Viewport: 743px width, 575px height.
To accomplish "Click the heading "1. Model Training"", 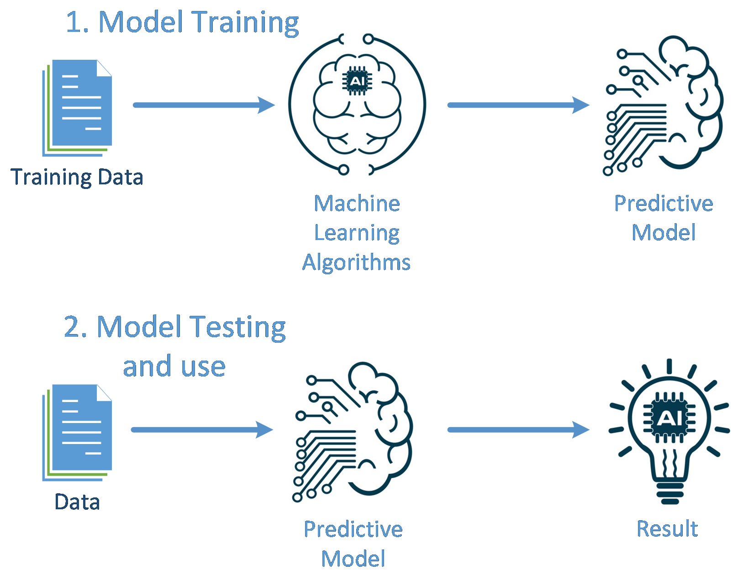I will [x=182, y=22].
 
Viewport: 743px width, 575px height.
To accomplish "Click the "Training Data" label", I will [x=77, y=177].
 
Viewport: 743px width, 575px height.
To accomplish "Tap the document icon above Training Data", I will [x=78, y=107].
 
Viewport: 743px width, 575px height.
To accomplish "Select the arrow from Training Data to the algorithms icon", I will [x=204, y=105].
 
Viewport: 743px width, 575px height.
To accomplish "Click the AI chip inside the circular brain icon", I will [x=357, y=81].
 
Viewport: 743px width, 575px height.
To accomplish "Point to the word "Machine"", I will [x=357, y=204].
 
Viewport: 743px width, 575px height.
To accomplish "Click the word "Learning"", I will [x=357, y=233].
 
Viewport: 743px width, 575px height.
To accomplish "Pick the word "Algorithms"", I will [x=356, y=262].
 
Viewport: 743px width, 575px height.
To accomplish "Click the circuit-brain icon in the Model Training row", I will [x=663, y=106].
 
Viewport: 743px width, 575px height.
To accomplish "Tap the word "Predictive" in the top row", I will [x=663, y=204].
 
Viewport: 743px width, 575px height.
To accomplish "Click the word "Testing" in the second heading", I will [x=238, y=327].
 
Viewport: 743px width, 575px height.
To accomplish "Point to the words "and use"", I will [x=174, y=366].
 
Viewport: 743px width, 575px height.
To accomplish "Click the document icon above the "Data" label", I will [x=78, y=432].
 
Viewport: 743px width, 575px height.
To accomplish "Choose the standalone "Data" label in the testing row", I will [x=77, y=502].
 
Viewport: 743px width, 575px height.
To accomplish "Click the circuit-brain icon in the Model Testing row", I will [x=353, y=432].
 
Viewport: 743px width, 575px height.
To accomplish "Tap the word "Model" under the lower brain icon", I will [x=353, y=559].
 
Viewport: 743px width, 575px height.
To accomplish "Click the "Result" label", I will [x=667, y=529].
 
